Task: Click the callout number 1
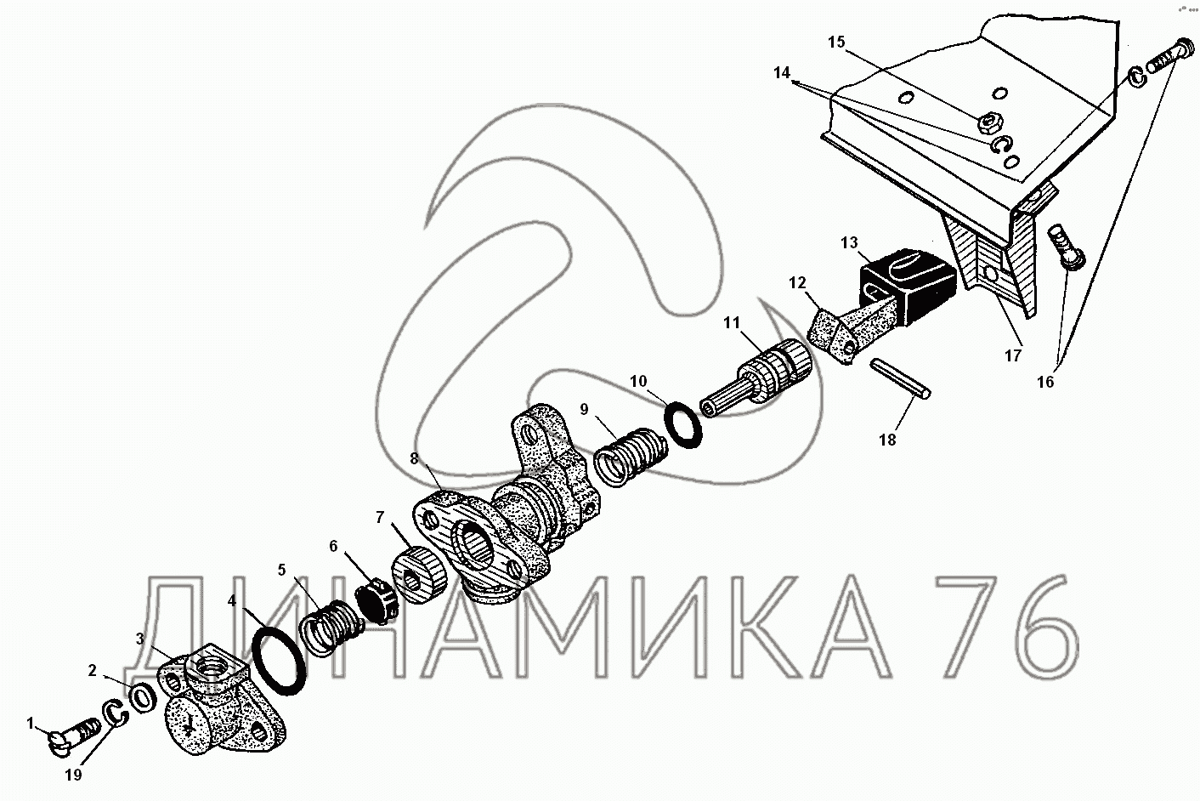[x=31, y=724]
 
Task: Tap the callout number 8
[x=414, y=458]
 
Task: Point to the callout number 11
[x=733, y=322]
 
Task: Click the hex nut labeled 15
[x=988, y=124]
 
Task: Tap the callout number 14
[x=782, y=73]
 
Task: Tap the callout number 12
[x=796, y=281]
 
